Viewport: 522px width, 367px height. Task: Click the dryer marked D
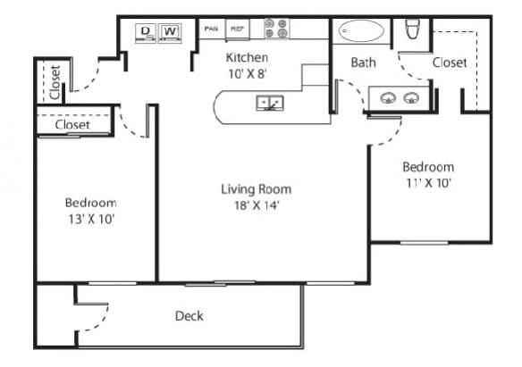click(146, 32)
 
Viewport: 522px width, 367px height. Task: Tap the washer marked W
click(170, 32)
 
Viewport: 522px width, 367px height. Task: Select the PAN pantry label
click(211, 29)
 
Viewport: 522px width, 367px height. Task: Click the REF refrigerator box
click(238, 29)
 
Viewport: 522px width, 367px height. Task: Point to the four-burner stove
click(277, 29)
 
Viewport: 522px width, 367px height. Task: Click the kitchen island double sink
click(270, 103)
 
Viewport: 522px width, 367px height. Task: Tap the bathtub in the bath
click(361, 31)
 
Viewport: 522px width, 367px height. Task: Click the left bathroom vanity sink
click(388, 98)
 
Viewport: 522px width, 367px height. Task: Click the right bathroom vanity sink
click(411, 98)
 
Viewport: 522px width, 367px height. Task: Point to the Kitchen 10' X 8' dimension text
click(247, 66)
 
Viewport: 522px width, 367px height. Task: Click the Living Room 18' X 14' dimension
click(257, 197)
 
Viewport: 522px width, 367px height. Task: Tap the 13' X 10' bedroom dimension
click(91, 220)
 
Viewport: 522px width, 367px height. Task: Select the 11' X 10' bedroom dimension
click(428, 183)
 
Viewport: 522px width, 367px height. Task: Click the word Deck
click(189, 316)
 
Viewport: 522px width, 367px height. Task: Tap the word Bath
click(364, 63)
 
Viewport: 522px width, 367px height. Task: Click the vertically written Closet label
click(55, 82)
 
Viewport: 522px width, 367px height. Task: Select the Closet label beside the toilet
click(450, 63)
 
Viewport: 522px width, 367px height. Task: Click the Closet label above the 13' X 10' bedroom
click(72, 125)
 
